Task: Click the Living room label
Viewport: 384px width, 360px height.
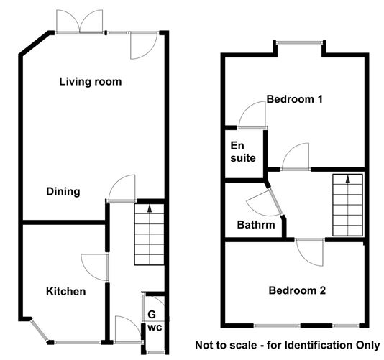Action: [90, 82]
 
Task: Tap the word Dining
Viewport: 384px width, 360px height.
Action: [63, 192]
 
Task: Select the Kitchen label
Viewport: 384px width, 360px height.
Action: [66, 292]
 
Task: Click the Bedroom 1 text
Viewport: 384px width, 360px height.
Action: [294, 100]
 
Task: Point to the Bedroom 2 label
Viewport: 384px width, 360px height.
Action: [297, 291]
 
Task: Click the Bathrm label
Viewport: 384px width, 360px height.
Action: [256, 225]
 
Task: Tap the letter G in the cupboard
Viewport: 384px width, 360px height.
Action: [152, 314]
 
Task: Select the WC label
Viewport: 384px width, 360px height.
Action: [155, 328]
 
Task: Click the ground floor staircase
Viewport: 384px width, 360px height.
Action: [149, 234]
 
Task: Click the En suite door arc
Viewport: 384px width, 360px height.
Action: [254, 115]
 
